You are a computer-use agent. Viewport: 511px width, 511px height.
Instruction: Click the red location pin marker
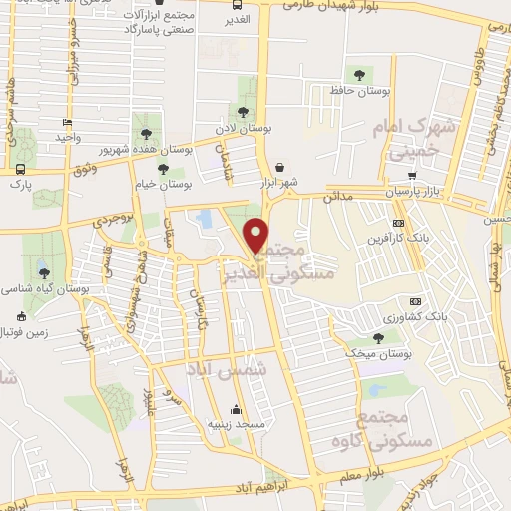(x=257, y=236)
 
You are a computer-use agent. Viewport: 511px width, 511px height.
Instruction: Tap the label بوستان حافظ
(x=358, y=91)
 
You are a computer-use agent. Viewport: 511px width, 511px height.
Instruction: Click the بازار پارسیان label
(x=412, y=190)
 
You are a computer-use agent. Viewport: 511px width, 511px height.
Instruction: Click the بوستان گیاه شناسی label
(x=45, y=288)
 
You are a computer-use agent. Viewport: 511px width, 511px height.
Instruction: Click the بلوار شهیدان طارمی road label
(x=339, y=7)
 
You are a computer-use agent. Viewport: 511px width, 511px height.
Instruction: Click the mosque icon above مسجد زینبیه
(x=236, y=408)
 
